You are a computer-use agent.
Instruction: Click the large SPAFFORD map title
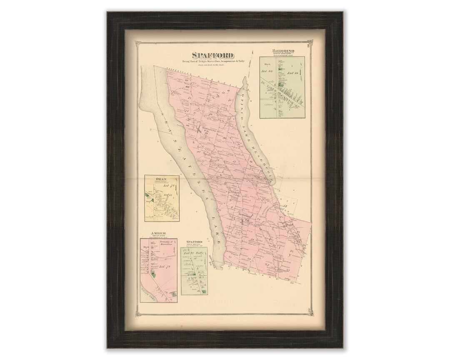212,55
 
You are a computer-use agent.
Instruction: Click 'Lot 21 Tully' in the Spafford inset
196,252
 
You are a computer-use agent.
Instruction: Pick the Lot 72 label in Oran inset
169,186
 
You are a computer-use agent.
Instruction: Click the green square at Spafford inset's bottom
204,292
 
